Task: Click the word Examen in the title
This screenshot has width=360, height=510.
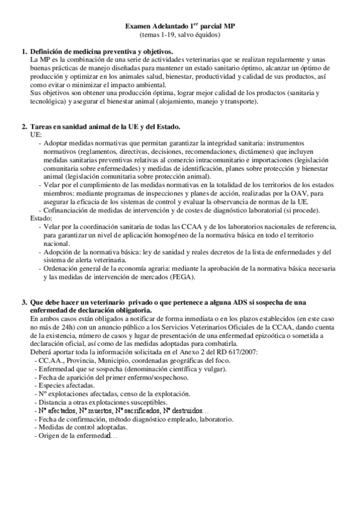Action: (x=138, y=27)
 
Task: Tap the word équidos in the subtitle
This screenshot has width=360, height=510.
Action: (x=204, y=35)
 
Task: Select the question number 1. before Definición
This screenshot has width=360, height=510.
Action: (x=24, y=52)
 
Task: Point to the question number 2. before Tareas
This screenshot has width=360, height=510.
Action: (x=24, y=126)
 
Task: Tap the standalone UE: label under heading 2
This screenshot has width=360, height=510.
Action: (x=35, y=135)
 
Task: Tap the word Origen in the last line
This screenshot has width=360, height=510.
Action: (x=50, y=435)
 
